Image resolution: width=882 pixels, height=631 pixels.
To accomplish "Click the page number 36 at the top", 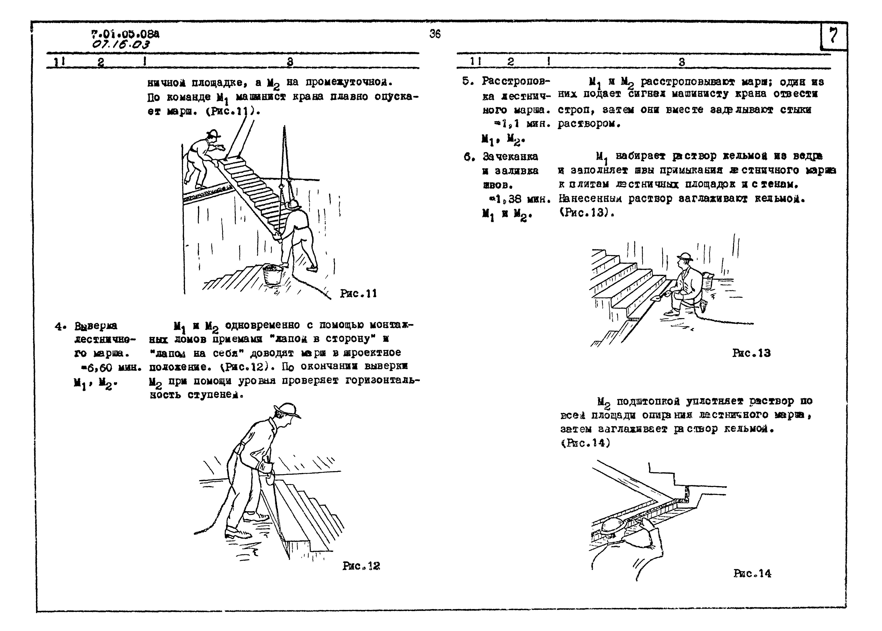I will click(435, 34).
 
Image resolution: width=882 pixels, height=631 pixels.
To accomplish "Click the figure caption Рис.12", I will click(361, 566).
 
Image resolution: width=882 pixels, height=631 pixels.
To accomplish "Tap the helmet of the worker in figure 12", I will click(288, 410).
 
